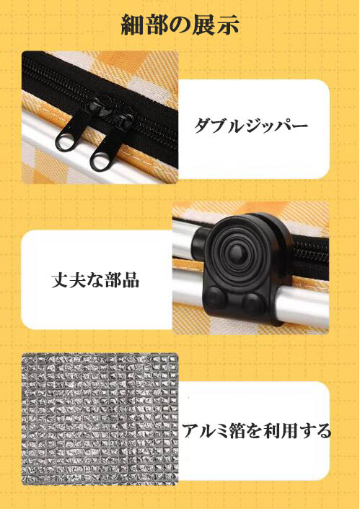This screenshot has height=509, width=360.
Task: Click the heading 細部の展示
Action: click(180, 25)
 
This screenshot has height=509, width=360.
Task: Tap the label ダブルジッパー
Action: click(251, 126)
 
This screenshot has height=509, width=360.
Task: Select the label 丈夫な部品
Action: click(96, 279)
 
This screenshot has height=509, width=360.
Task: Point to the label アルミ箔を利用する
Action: click(257, 430)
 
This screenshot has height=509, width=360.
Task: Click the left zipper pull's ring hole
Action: click(64, 144)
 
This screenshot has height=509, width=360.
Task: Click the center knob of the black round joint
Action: click(237, 251)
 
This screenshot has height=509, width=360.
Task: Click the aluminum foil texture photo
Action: click(100, 419)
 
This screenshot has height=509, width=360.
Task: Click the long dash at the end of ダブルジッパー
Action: click(299, 125)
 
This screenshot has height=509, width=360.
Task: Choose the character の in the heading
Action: click(180, 26)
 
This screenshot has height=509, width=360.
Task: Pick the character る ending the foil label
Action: click(322, 431)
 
